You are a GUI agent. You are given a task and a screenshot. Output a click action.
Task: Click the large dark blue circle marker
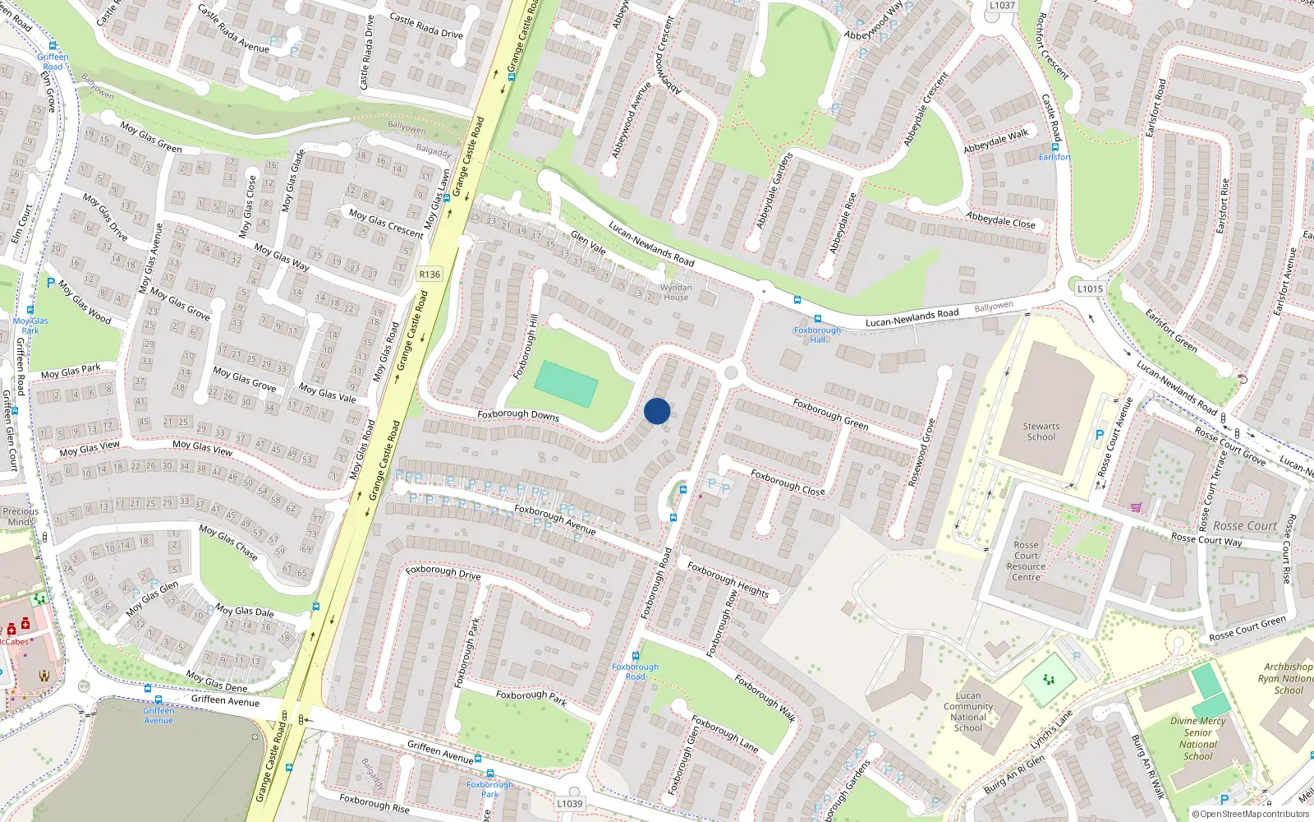point(657,411)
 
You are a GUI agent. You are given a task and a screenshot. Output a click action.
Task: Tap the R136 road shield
point(430,275)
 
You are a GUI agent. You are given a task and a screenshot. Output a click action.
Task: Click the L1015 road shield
point(1090,289)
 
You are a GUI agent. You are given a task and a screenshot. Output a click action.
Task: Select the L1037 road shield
point(1002,5)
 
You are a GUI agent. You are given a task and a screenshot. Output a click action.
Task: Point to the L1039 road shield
point(569,803)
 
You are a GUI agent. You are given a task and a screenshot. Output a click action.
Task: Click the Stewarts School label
point(1041,432)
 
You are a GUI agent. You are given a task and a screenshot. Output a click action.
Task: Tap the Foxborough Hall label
point(817,335)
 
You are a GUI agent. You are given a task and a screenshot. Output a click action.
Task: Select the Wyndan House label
point(676,292)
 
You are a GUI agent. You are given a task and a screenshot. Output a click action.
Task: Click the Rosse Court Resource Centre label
point(1026,561)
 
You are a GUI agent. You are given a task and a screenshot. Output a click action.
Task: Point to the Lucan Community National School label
point(968,712)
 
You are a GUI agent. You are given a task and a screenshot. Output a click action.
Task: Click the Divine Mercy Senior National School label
point(1197,738)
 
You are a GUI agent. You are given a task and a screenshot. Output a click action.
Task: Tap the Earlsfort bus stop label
point(1054,157)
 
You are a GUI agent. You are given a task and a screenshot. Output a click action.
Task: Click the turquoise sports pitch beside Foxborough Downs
point(566,384)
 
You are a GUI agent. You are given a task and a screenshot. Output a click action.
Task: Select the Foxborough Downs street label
point(517,415)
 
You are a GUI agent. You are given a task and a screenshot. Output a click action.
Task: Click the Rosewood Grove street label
point(921,453)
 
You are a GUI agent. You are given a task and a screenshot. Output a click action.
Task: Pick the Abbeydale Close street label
point(1000,221)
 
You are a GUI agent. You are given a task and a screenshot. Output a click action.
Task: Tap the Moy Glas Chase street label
point(228,543)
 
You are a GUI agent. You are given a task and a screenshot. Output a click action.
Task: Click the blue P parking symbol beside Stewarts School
point(1100,435)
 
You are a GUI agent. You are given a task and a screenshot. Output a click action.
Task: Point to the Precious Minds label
point(21,516)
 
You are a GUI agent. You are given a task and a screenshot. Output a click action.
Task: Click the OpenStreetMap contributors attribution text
point(1251,814)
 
